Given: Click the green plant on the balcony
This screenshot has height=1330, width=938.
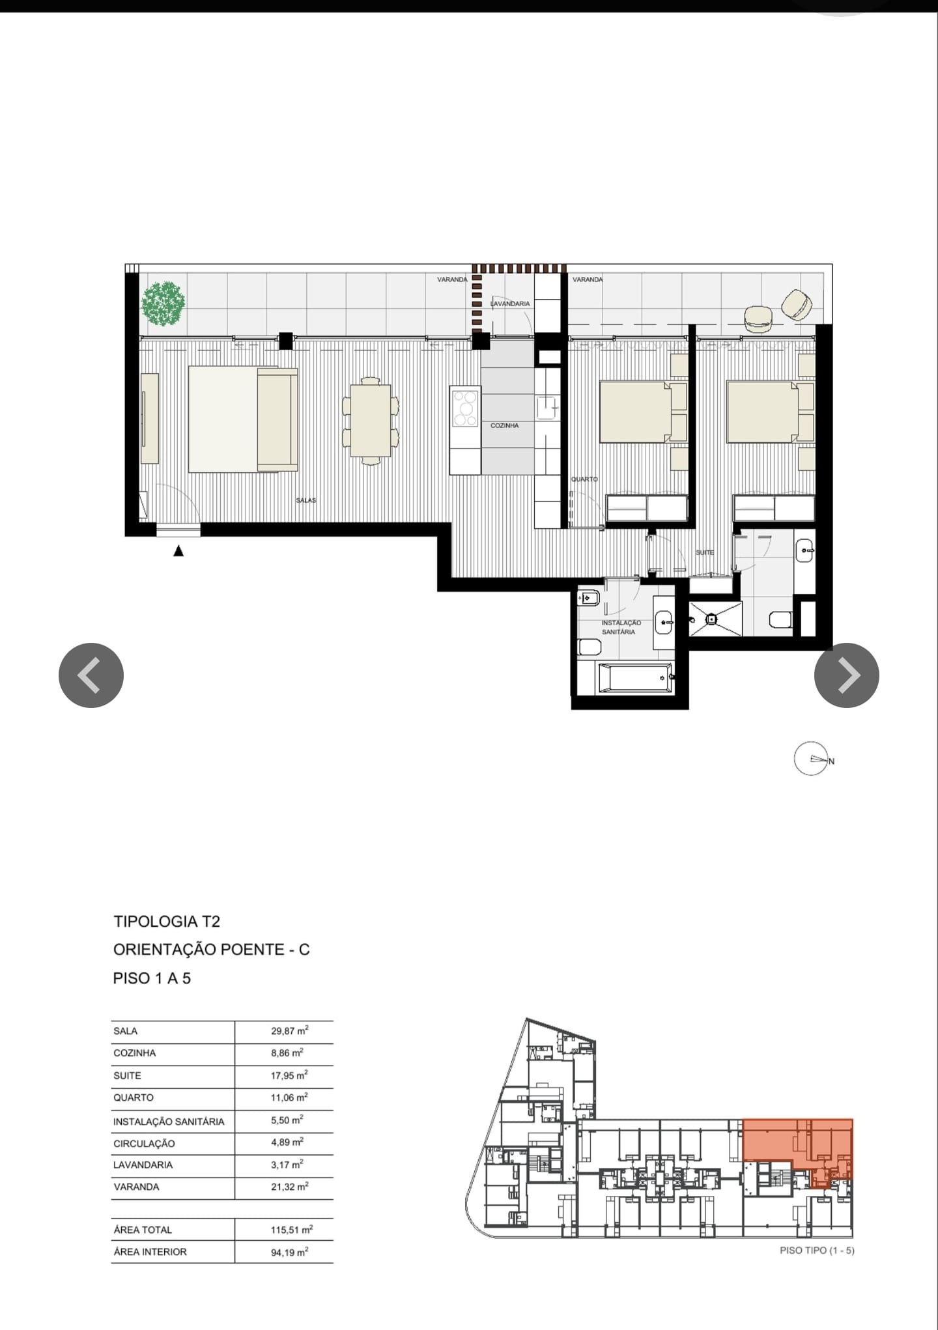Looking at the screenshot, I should (163, 303).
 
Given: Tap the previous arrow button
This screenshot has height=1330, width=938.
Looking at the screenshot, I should (91, 675).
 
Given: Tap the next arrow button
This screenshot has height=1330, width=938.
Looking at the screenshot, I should (846, 675).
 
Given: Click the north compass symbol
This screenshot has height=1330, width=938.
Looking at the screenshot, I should (812, 759).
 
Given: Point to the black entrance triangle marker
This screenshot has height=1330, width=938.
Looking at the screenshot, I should (178, 551).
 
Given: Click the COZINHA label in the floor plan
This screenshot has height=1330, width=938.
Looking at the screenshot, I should (504, 425).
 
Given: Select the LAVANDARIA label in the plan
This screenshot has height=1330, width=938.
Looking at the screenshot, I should (511, 304).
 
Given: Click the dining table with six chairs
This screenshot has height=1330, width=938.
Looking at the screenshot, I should (371, 421).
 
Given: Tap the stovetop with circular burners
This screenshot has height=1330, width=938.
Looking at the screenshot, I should (465, 408).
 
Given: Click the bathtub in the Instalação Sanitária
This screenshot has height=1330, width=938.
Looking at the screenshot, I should (634, 678).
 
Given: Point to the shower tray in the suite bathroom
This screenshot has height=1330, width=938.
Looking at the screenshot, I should (715, 618).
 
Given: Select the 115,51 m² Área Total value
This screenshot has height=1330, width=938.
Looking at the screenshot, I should (291, 1230).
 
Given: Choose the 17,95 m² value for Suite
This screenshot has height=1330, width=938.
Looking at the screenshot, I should (289, 1075).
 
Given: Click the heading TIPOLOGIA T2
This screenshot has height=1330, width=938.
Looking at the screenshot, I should (167, 921).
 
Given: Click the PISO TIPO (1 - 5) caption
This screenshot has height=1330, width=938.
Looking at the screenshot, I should (816, 1250).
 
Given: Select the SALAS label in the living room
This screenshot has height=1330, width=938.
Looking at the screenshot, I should (306, 500).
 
